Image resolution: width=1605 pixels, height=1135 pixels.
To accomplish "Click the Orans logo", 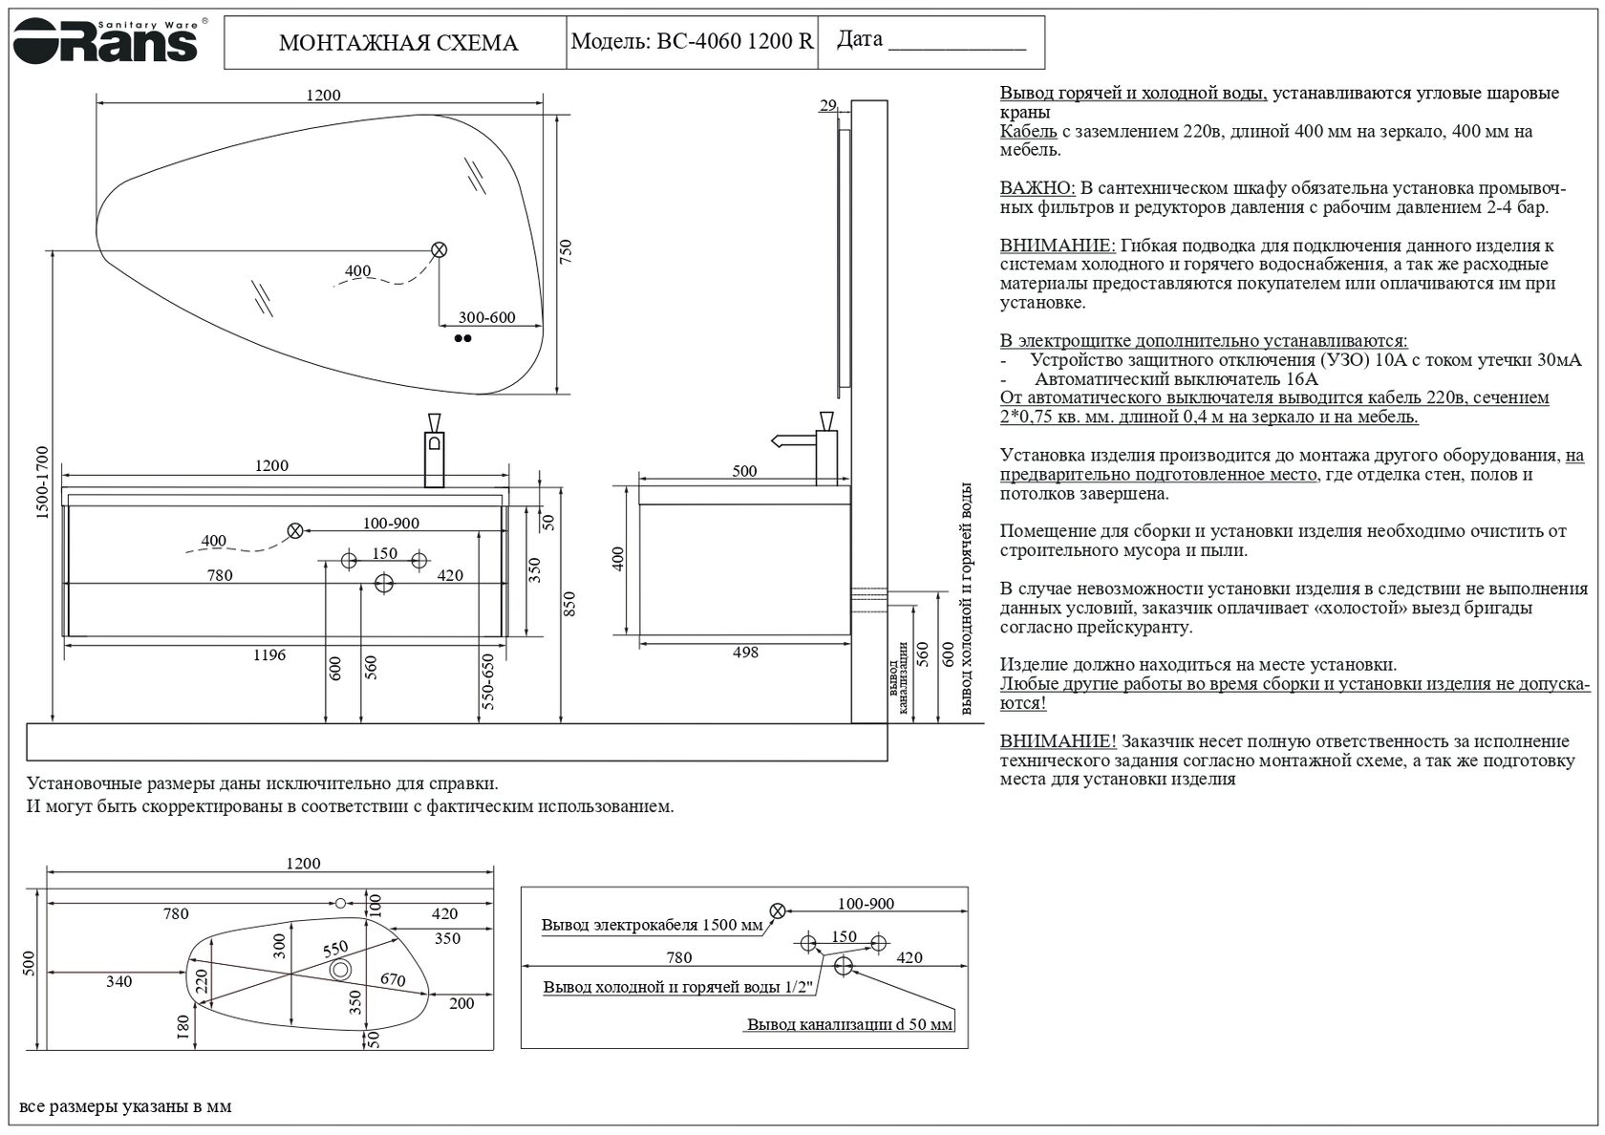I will coord(105,40).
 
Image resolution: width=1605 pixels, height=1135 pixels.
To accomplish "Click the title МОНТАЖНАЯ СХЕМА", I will coord(397,43).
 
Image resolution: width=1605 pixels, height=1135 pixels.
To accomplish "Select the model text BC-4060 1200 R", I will coord(735,41).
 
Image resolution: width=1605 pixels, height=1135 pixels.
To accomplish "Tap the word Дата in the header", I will coord(860,39).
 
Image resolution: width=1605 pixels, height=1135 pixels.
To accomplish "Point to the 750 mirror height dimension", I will coord(565,252).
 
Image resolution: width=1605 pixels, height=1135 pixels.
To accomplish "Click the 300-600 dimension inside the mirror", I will coord(487,318).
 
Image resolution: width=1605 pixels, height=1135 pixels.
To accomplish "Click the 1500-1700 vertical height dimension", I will coord(42,482).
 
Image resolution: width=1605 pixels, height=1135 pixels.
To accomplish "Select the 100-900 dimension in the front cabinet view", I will coord(391,524).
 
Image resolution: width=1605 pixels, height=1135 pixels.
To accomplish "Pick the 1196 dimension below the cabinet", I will coord(269,655).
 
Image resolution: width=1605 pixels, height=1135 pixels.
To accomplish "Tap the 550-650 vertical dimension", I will coord(488,682).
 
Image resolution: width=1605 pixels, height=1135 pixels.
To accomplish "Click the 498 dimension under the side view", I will coord(745,653).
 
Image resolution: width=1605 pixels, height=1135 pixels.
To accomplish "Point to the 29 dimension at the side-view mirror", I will coord(827,106).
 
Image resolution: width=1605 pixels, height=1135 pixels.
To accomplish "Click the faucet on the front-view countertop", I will coord(435,449).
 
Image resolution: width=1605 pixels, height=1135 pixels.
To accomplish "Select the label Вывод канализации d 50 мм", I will coord(849,1025).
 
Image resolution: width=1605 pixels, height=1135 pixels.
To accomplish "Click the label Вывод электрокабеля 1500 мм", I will coord(652,925).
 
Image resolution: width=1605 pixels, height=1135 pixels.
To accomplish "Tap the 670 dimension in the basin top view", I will coord(393,979).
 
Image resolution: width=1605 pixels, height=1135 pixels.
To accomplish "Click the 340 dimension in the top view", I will coord(118,982).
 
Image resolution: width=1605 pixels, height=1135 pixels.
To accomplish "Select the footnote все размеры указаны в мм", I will coord(125,1107).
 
